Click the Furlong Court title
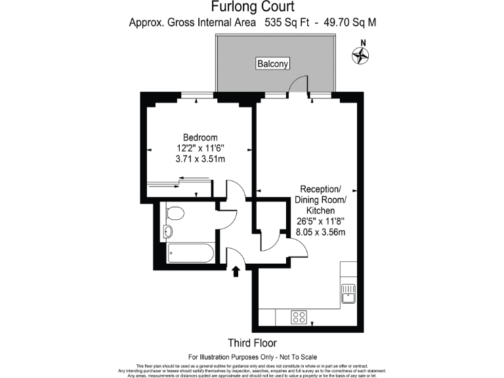coord(252,7)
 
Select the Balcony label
coord(272,64)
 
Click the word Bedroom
coord(200,136)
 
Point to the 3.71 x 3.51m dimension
coord(200,158)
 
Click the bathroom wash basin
coord(167,231)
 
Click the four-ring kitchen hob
coord(299,317)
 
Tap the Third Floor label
coord(252,343)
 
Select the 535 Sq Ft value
coord(282,22)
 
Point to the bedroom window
coord(198,96)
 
